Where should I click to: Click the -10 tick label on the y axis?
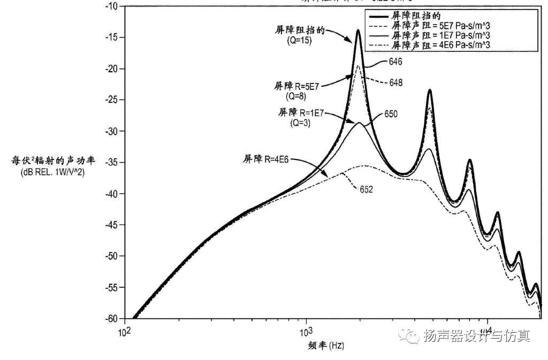pyautogui.click(x=111, y=6)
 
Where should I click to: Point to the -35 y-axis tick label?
pyautogui.click(x=111, y=162)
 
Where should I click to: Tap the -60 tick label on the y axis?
pyautogui.click(x=111, y=319)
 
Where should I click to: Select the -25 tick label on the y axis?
pyautogui.click(x=111, y=99)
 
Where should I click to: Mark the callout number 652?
pyautogui.click(x=366, y=189)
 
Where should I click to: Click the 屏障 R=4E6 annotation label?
pyautogui.click(x=268, y=158)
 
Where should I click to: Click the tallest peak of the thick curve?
pyautogui.click(x=358, y=30)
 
